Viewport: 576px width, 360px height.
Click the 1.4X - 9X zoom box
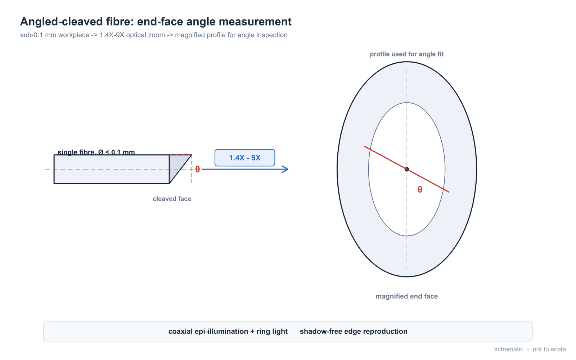244,158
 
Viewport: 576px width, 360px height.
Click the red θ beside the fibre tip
198,169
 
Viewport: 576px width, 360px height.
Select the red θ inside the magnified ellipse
420,189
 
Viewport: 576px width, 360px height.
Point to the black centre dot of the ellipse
406,169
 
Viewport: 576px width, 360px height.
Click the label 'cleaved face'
172,199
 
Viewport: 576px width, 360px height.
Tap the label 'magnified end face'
406,296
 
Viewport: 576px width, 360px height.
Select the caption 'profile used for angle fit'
406,54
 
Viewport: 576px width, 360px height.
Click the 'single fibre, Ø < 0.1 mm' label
96,152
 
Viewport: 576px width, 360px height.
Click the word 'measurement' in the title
255,22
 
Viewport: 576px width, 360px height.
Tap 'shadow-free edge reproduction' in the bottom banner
354,331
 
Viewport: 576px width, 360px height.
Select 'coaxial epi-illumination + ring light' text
228,331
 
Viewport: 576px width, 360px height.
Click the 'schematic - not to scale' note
530,349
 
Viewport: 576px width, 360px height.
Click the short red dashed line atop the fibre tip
180,155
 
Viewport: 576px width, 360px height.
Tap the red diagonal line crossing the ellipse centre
406,169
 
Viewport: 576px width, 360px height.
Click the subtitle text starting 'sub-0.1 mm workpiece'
154,35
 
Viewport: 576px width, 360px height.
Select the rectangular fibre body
112,169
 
